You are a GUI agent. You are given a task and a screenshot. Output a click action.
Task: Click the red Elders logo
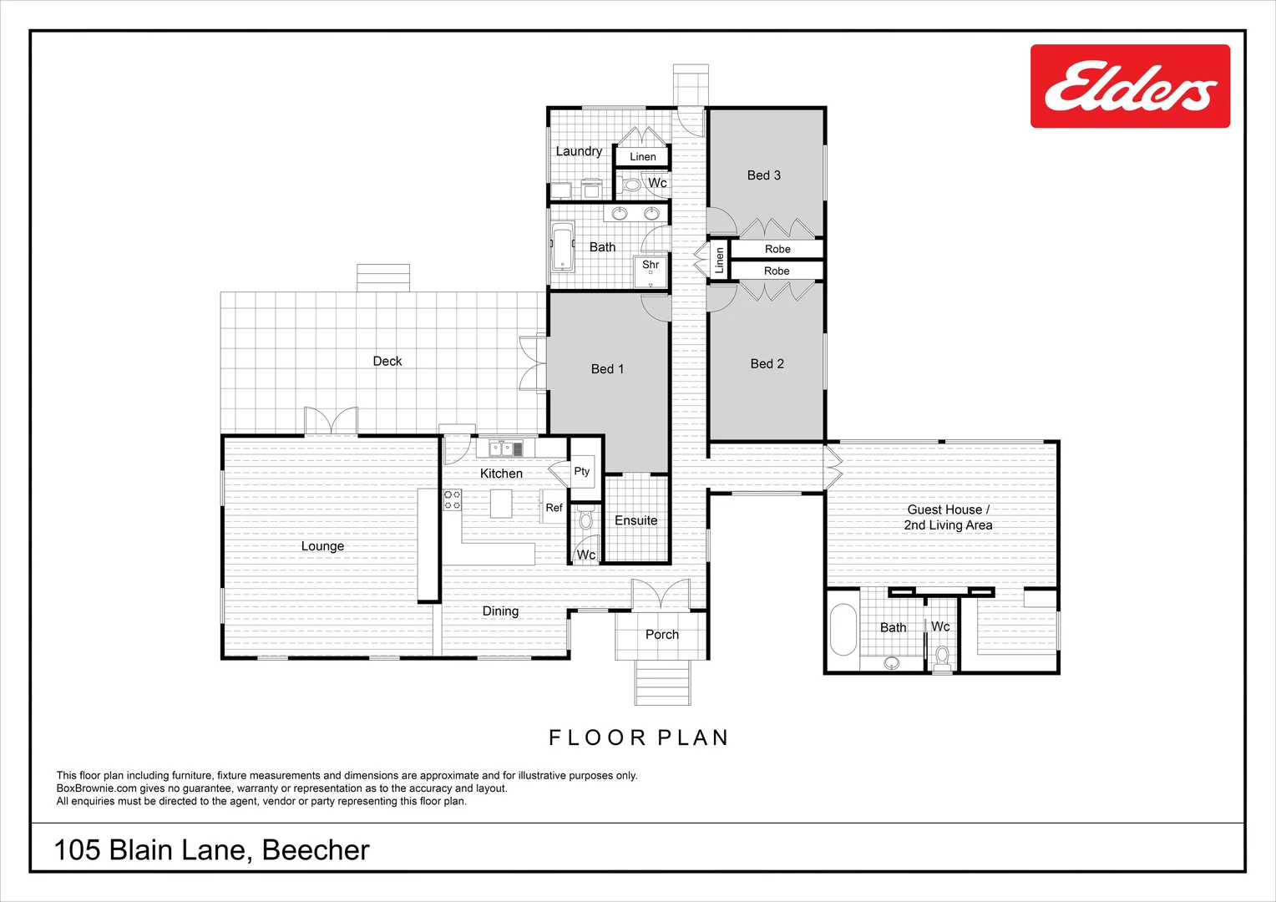[x=1130, y=86]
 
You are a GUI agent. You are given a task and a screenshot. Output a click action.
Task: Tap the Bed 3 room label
[x=764, y=175]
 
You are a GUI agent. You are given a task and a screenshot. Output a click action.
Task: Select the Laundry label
[x=579, y=151]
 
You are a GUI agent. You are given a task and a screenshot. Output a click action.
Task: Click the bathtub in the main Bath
[x=563, y=246]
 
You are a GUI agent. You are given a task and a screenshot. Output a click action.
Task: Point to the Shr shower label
[x=651, y=265]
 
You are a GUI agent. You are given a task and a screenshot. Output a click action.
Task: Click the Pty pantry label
[x=581, y=471]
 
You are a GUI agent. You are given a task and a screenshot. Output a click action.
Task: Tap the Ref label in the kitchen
[x=554, y=508]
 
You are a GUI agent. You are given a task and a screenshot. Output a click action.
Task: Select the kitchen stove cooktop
[x=453, y=500]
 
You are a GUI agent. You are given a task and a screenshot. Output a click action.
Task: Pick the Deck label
[x=387, y=362]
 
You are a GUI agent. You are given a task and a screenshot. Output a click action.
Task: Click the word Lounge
[x=322, y=546]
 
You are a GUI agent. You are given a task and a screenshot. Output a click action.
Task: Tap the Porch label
[x=662, y=635]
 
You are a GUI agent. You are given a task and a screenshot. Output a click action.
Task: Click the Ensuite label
[x=635, y=521]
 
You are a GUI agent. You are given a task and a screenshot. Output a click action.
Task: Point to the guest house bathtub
[x=843, y=630]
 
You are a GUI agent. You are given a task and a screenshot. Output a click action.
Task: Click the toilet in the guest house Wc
[x=942, y=658]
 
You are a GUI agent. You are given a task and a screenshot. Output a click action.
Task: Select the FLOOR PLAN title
[x=639, y=738]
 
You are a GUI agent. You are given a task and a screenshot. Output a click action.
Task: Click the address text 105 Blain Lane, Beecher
[x=211, y=850]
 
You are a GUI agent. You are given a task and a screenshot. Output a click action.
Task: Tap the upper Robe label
[x=777, y=249]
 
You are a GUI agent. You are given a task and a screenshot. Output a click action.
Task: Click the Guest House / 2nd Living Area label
[x=948, y=517]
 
